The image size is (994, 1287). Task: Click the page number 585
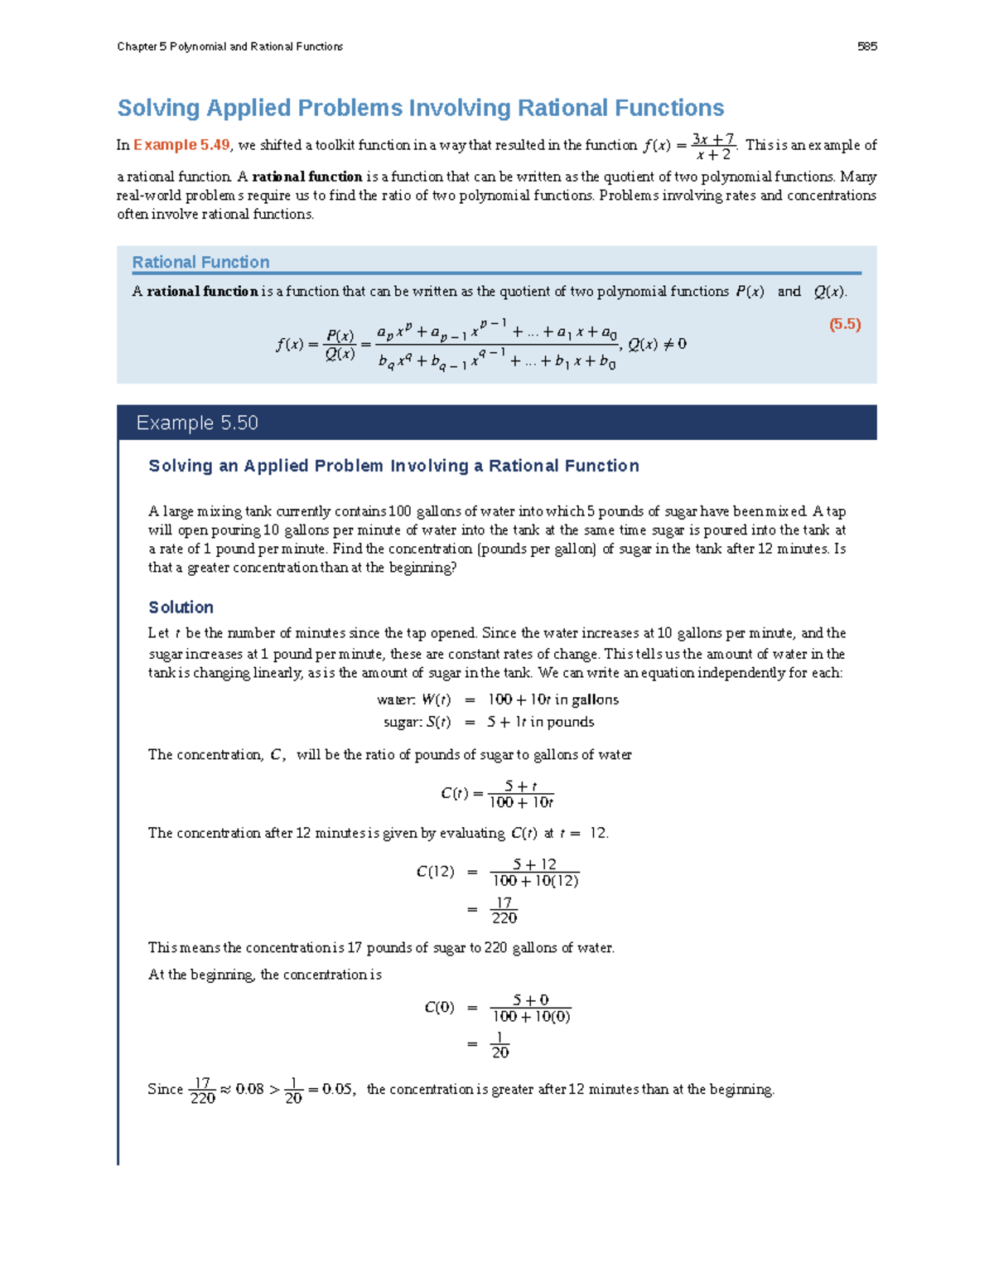pyautogui.click(x=866, y=46)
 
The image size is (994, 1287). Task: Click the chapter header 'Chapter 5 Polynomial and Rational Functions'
pyautogui.click(x=229, y=46)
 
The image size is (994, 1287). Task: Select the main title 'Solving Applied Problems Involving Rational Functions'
pyautogui.click(x=420, y=108)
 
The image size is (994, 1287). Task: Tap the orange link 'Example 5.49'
pyautogui.click(x=181, y=145)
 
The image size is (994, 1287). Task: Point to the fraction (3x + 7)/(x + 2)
pyautogui.click(x=712, y=147)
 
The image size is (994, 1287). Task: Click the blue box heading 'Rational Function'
pyautogui.click(x=200, y=262)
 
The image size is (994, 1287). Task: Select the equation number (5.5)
pyautogui.click(x=845, y=324)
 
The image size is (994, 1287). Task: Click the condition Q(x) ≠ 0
pyautogui.click(x=657, y=345)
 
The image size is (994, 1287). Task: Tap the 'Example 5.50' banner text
pyautogui.click(x=197, y=423)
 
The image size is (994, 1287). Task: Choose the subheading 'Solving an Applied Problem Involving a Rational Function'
pyautogui.click(x=393, y=466)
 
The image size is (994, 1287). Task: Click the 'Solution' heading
pyautogui.click(x=181, y=607)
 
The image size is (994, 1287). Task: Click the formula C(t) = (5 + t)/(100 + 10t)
pyautogui.click(x=497, y=794)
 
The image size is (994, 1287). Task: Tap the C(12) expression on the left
pyautogui.click(x=435, y=872)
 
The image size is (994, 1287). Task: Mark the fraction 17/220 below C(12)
pyautogui.click(x=504, y=910)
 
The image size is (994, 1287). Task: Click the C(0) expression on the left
pyautogui.click(x=439, y=1008)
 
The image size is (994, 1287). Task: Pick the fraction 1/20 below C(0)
pyautogui.click(x=499, y=1045)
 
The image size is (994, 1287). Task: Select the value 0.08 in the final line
pyautogui.click(x=249, y=1089)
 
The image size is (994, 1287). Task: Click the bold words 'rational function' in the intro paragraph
pyautogui.click(x=306, y=177)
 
